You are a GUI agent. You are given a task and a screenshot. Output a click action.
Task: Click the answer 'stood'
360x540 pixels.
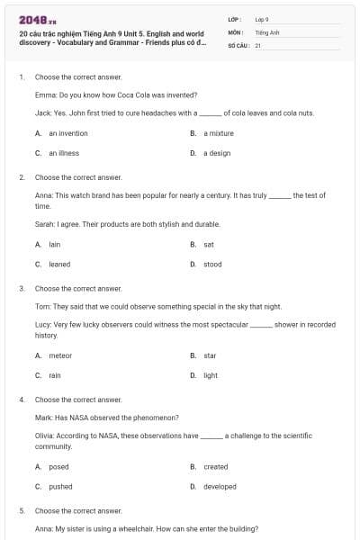(x=212, y=265)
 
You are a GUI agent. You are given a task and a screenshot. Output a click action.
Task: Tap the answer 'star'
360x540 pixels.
(x=210, y=355)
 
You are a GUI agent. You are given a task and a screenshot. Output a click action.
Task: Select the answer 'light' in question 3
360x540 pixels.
(x=211, y=375)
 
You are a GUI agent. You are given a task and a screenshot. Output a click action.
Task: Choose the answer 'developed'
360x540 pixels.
(x=220, y=487)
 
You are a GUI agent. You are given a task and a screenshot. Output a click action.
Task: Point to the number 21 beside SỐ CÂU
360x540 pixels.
(x=257, y=44)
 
